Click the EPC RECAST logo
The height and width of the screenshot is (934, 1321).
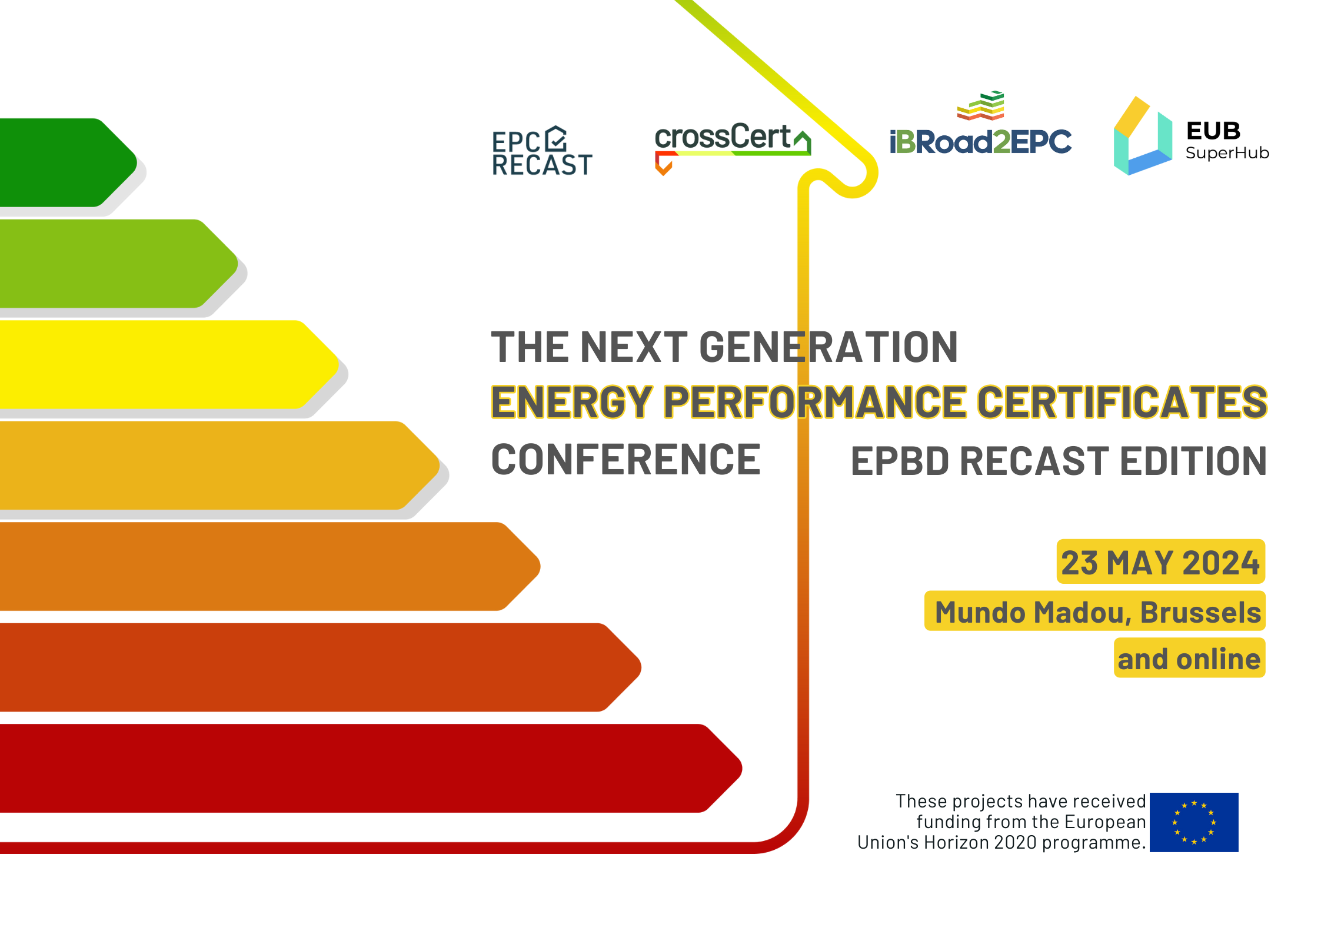pos(541,152)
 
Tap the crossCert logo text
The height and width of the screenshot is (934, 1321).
pos(723,137)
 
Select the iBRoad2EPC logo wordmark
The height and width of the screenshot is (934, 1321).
pos(980,142)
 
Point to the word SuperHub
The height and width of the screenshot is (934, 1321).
pos(1227,153)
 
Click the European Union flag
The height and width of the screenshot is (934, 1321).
pos(1193,822)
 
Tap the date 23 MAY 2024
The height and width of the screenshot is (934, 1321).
pos(1160,562)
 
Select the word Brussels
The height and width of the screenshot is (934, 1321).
pos(1200,612)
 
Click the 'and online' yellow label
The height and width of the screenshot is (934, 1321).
pos(1189,659)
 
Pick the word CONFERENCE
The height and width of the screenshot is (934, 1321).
pos(625,460)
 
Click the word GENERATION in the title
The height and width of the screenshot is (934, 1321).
pos(828,347)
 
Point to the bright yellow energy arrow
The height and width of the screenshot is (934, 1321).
pos(159,364)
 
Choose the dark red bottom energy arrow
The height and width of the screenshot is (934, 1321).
pos(353,768)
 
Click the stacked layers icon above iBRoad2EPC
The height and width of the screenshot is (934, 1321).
pos(980,106)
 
